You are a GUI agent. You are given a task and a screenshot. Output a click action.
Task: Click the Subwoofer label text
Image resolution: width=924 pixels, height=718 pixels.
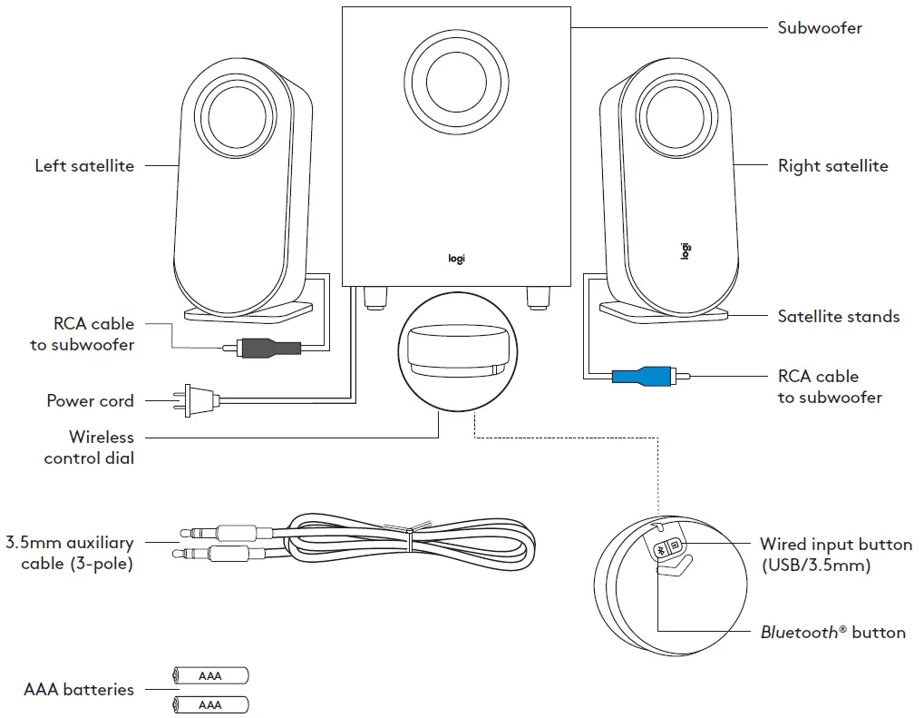pyautogui.click(x=820, y=27)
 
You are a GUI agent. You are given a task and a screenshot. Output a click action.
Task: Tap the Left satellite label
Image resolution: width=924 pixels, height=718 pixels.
pyautogui.click(x=84, y=166)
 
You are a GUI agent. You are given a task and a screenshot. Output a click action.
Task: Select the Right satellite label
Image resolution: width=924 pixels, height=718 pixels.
pyautogui.click(x=832, y=166)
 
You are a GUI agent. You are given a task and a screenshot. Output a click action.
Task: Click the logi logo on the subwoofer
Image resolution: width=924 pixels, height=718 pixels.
pyautogui.click(x=456, y=259)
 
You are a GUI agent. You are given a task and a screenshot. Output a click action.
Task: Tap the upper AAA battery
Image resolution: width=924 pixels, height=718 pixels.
pyautogui.click(x=209, y=675)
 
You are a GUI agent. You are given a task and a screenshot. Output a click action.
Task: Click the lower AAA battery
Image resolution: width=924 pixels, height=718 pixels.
pyautogui.click(x=209, y=704)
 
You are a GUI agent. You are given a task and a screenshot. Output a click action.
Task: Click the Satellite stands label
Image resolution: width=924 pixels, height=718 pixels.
pyautogui.click(x=838, y=317)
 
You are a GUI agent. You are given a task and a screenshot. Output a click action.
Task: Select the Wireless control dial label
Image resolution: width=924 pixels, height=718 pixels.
pyautogui.click(x=90, y=448)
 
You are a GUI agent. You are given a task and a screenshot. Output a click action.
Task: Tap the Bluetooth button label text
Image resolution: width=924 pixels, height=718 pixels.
pyautogui.click(x=832, y=633)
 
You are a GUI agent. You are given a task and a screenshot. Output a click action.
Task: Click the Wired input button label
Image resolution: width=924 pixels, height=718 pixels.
pyautogui.click(x=835, y=555)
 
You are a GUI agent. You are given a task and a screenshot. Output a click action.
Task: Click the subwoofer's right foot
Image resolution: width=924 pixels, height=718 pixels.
pyautogui.click(x=539, y=297)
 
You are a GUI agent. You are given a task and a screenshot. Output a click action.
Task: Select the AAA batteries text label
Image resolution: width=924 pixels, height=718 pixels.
pyautogui.click(x=79, y=690)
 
